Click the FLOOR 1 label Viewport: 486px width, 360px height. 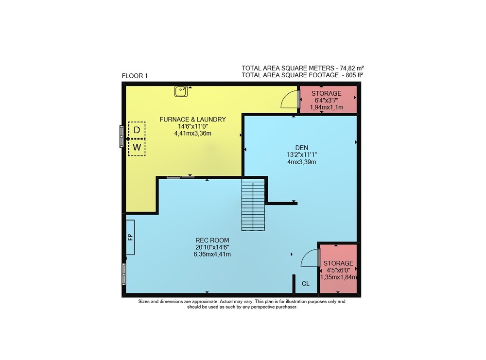pyautogui.click(x=135, y=76)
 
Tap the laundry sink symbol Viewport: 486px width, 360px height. pyautogui.click(x=181, y=91)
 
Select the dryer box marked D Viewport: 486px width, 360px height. pyautogui.click(x=137, y=130)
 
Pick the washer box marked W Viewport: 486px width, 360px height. pyautogui.click(x=137, y=147)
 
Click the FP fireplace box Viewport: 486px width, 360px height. pyautogui.click(x=130, y=237)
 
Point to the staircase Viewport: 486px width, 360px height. pyautogui.click(x=253, y=205)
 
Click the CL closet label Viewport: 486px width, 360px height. pyautogui.click(x=306, y=284)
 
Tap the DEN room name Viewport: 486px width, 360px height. pyautogui.click(x=302, y=148)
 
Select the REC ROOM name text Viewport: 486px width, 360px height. pyautogui.click(x=212, y=240)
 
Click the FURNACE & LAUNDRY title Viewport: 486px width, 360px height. pyautogui.click(x=193, y=120)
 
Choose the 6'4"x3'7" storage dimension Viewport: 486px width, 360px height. pyautogui.click(x=327, y=101)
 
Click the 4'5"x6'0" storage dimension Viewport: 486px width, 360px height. pyautogui.click(x=338, y=271)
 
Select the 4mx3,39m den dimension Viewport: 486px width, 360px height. pyautogui.click(x=302, y=162)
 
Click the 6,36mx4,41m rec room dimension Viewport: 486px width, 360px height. pyautogui.click(x=212, y=255)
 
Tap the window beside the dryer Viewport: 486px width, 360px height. pyautogui.click(x=121, y=137)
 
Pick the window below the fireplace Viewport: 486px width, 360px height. pyautogui.click(x=124, y=274)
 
